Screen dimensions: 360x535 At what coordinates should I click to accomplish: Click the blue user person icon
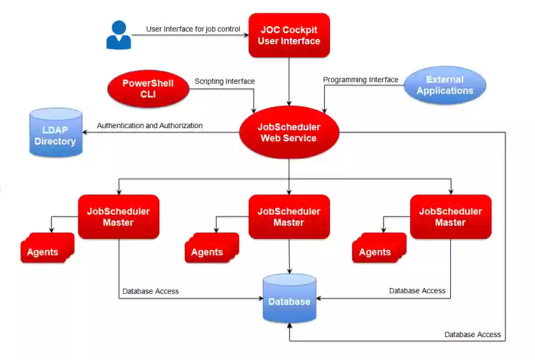click(118, 35)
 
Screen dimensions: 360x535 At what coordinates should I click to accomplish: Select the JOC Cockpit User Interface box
click(289, 36)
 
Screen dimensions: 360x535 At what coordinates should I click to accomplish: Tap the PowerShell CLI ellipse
click(148, 89)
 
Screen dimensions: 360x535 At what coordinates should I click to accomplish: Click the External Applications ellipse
click(445, 85)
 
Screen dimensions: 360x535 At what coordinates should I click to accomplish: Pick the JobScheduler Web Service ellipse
click(289, 133)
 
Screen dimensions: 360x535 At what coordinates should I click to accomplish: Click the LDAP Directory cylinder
click(55, 133)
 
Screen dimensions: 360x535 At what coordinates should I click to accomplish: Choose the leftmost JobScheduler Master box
click(118, 217)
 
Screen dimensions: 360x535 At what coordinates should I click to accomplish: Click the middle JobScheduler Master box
click(289, 217)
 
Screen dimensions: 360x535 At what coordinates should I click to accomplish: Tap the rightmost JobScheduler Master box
click(450, 217)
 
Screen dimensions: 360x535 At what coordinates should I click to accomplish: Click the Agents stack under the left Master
click(45, 250)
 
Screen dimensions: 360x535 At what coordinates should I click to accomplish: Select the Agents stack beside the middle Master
click(209, 250)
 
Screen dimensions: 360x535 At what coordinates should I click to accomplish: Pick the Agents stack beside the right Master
click(376, 250)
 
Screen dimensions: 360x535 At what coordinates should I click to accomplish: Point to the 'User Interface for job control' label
click(193, 29)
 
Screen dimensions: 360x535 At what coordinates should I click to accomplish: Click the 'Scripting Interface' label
click(224, 81)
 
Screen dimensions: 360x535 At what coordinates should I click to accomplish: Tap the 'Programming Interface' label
click(360, 80)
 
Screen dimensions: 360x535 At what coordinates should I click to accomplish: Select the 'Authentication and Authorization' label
click(150, 126)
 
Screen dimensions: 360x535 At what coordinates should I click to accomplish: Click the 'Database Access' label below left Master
click(150, 291)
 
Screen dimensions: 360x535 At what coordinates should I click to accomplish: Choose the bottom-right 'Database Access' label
click(473, 335)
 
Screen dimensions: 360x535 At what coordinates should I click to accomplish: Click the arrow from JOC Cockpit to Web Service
click(290, 82)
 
